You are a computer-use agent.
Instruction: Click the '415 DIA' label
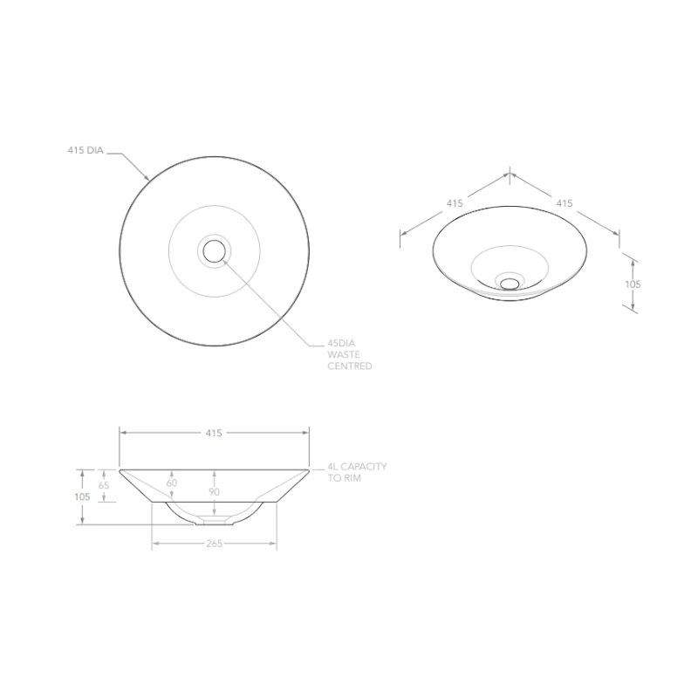click(x=86, y=150)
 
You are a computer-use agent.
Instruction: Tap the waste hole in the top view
click(x=214, y=251)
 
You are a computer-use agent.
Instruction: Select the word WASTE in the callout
click(x=344, y=355)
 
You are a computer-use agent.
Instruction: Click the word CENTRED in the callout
click(x=350, y=366)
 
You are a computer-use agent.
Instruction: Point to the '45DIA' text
click(x=341, y=343)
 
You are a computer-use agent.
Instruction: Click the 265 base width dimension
click(x=214, y=544)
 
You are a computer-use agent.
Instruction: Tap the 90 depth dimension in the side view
click(x=214, y=492)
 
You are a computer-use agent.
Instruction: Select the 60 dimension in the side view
click(x=172, y=483)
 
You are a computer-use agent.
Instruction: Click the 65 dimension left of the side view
click(x=104, y=485)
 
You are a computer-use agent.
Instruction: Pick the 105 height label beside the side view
click(x=82, y=496)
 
